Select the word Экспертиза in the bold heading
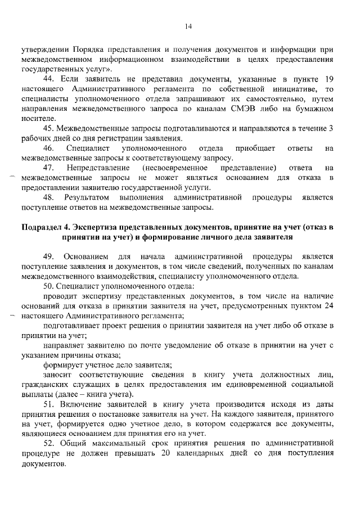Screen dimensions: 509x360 pos(97,227)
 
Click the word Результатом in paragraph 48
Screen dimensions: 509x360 pos(84,197)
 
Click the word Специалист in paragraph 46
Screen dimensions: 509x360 pos(84,148)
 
